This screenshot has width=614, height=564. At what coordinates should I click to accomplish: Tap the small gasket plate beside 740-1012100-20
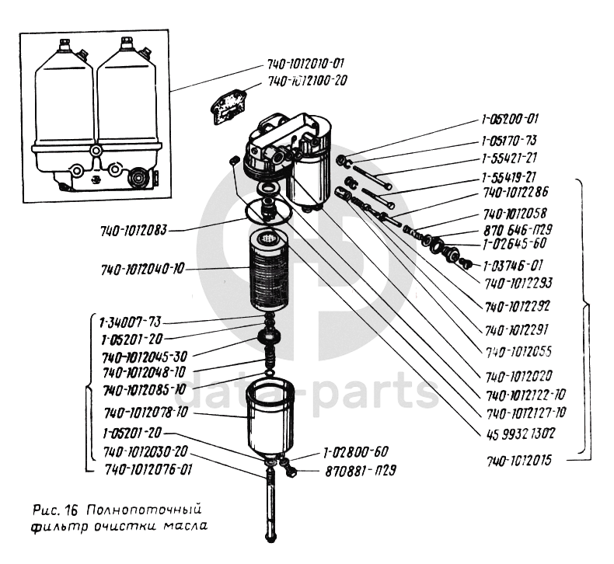229,104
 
